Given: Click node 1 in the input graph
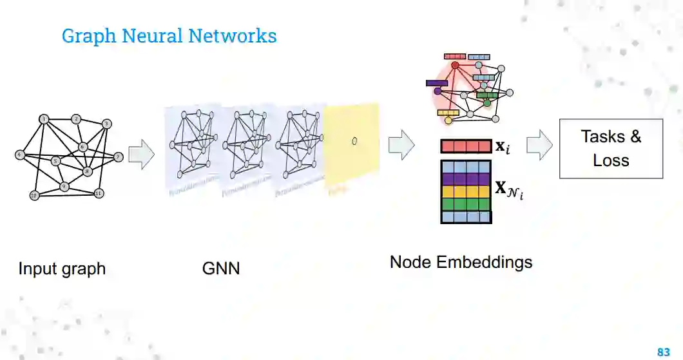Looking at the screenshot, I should coord(44,119).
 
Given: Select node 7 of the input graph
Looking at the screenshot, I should coord(118,156).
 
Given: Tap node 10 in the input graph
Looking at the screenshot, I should coord(34,194).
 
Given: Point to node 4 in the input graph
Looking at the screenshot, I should coord(20,155).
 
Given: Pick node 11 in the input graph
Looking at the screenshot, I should coord(99,193).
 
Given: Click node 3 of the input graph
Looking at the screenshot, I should coord(107,124).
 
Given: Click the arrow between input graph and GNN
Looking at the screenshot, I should coord(141,155).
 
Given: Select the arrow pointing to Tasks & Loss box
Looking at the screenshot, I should coord(539,146).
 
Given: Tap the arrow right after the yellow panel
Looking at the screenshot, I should coord(401,144).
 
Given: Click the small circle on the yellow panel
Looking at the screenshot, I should coord(354,141).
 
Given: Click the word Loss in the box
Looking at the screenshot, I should coord(610,160).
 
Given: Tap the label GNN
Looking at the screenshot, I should coord(221,268).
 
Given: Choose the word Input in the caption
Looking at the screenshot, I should coord(36,268).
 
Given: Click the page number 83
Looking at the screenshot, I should coord(663,352).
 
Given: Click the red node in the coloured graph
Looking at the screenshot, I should coord(455,65).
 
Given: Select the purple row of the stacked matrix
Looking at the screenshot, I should coord(466,178).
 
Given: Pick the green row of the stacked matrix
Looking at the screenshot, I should coord(466,204).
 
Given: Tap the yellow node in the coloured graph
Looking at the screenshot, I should coord(448,120).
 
